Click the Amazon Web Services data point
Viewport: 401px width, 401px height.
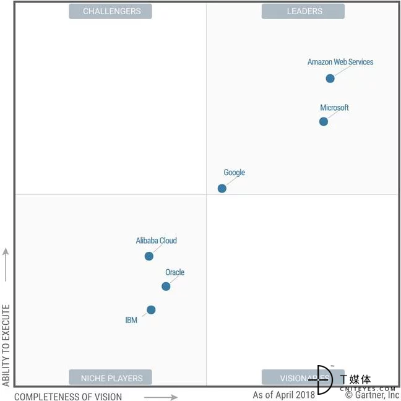[330, 79]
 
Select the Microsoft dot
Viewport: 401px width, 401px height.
[324, 122]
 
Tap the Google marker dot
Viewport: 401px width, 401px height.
[222, 188]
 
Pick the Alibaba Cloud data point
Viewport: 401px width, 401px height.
[149, 256]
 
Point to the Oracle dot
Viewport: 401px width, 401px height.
[166, 287]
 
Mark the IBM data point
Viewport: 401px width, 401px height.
[151, 310]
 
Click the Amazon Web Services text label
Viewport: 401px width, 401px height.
[340, 62]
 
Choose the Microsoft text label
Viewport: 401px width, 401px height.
[334, 108]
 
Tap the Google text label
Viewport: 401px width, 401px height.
[235, 173]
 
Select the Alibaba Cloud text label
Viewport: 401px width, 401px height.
[157, 241]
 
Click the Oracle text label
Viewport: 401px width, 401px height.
[175, 272]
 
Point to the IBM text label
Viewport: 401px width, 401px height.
[131, 321]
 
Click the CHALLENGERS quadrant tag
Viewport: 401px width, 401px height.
[111, 11]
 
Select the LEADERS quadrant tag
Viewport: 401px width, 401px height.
[304, 11]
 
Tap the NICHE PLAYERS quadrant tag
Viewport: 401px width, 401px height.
[111, 378]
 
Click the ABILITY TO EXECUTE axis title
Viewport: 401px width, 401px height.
[6, 345]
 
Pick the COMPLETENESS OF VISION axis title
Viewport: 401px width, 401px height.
[68, 397]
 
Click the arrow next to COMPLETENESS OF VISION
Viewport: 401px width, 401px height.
[162, 397]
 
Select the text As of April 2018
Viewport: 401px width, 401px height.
[284, 395]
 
